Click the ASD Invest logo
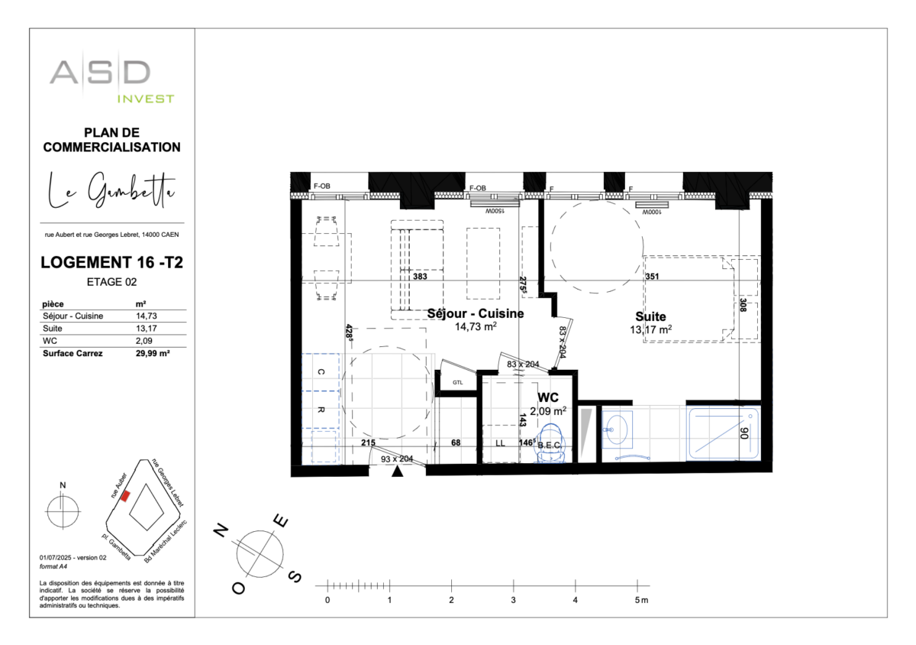(x=111, y=79)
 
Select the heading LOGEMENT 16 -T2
(x=111, y=263)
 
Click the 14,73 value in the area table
(x=146, y=316)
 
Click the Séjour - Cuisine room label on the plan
(x=475, y=314)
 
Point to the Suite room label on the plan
(x=650, y=316)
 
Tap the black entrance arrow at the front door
(x=397, y=472)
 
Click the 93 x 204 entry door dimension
(x=396, y=459)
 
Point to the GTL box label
(x=457, y=382)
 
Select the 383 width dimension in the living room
(x=420, y=277)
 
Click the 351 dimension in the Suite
(x=651, y=277)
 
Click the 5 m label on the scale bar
(x=640, y=601)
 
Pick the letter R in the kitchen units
(x=321, y=410)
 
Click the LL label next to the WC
(x=501, y=442)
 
